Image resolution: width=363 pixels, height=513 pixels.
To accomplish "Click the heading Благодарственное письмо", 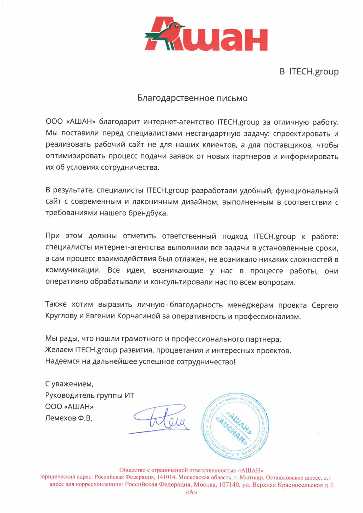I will point(192,98).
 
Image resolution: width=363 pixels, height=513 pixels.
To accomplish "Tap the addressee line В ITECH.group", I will point(309,72).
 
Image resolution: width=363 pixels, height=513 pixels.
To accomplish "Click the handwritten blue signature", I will point(161,419).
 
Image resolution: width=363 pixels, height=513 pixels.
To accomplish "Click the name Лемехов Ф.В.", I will point(68,418).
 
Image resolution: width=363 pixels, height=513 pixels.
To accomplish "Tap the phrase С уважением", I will point(69,384).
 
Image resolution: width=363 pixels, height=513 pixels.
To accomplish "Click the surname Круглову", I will point(61,317).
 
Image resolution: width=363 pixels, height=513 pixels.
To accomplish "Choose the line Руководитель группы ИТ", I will point(89,395).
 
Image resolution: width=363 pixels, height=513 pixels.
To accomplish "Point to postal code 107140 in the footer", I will point(229,485).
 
